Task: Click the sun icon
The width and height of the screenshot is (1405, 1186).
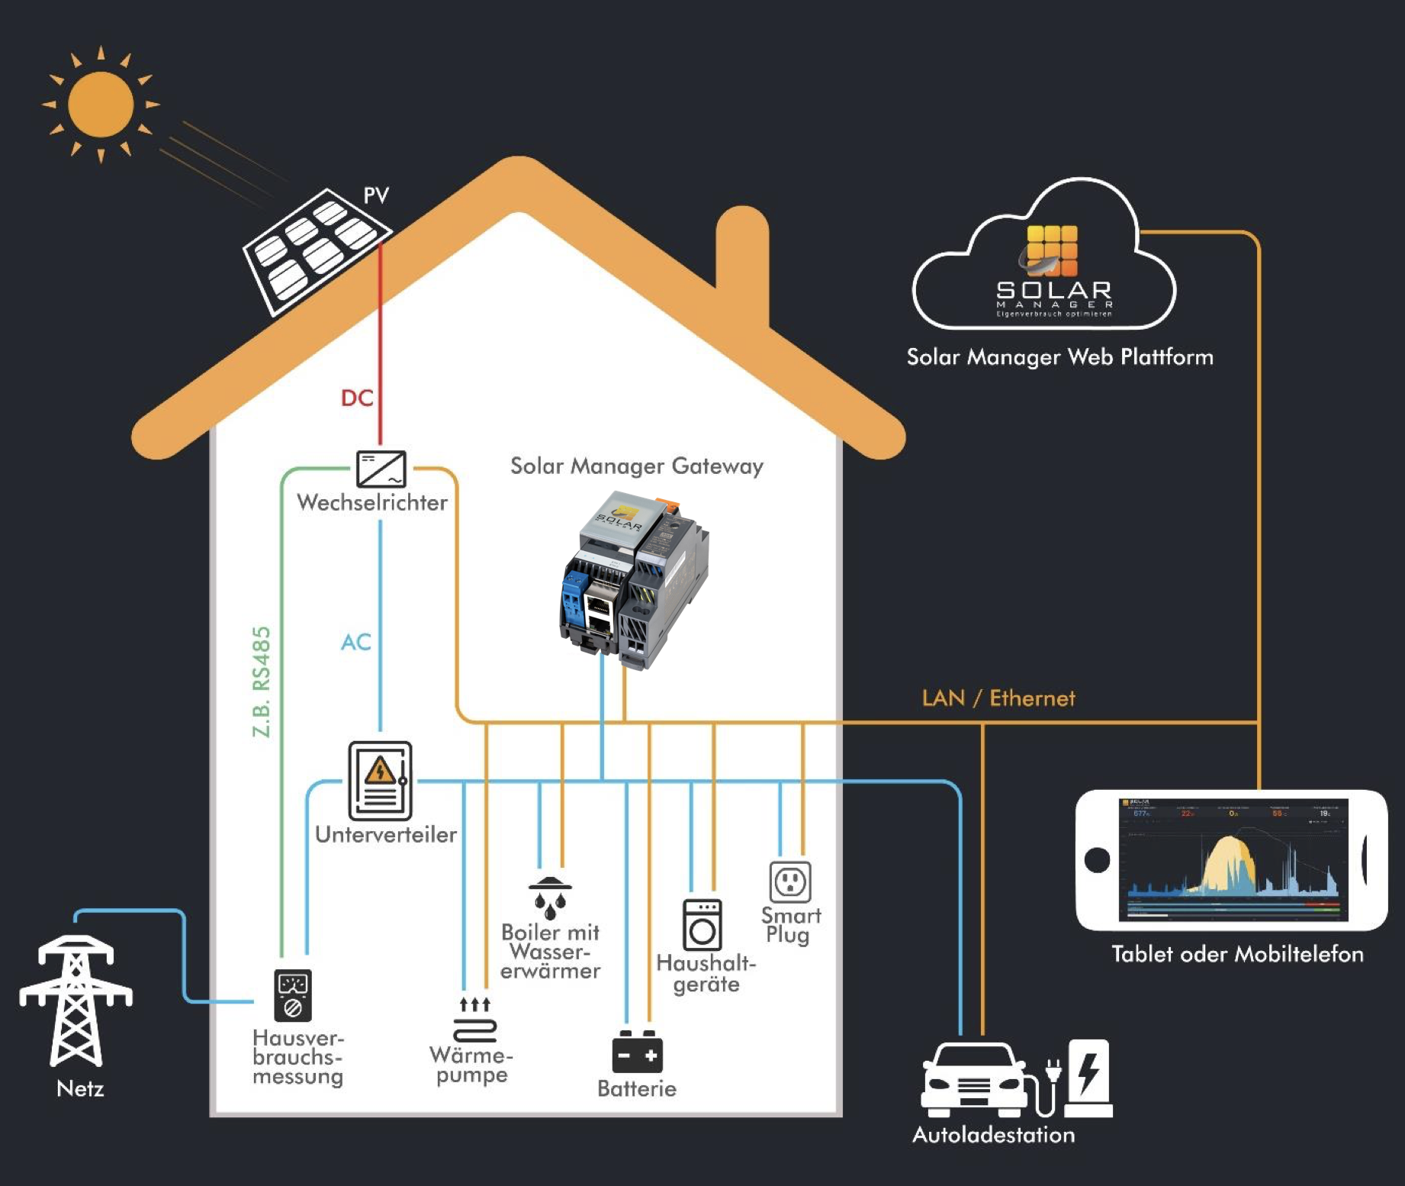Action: [101, 105]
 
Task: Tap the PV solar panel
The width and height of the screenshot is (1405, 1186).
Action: [316, 250]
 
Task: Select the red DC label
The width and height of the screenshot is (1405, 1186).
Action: [356, 398]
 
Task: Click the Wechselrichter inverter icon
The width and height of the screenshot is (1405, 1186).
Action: [381, 469]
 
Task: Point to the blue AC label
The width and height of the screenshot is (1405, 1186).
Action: [355, 642]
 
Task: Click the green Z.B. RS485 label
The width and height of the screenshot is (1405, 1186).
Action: [262, 682]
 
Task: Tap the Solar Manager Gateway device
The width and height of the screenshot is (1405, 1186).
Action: [635, 581]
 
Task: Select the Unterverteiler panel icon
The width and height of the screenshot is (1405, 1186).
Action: [380, 781]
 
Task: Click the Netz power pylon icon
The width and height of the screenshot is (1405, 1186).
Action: [76, 1001]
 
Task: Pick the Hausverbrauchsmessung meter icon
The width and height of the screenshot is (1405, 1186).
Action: [293, 995]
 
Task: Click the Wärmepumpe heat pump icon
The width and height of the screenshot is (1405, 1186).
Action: [474, 1020]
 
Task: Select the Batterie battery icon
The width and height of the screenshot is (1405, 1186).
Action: [637, 1052]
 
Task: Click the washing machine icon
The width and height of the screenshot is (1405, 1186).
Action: [702, 925]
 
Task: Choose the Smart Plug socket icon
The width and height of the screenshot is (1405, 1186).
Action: [789, 881]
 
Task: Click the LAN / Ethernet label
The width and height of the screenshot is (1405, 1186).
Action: [998, 698]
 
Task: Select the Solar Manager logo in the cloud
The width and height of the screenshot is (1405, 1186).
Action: [1053, 267]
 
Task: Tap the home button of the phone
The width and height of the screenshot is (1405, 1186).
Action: [1097, 860]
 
